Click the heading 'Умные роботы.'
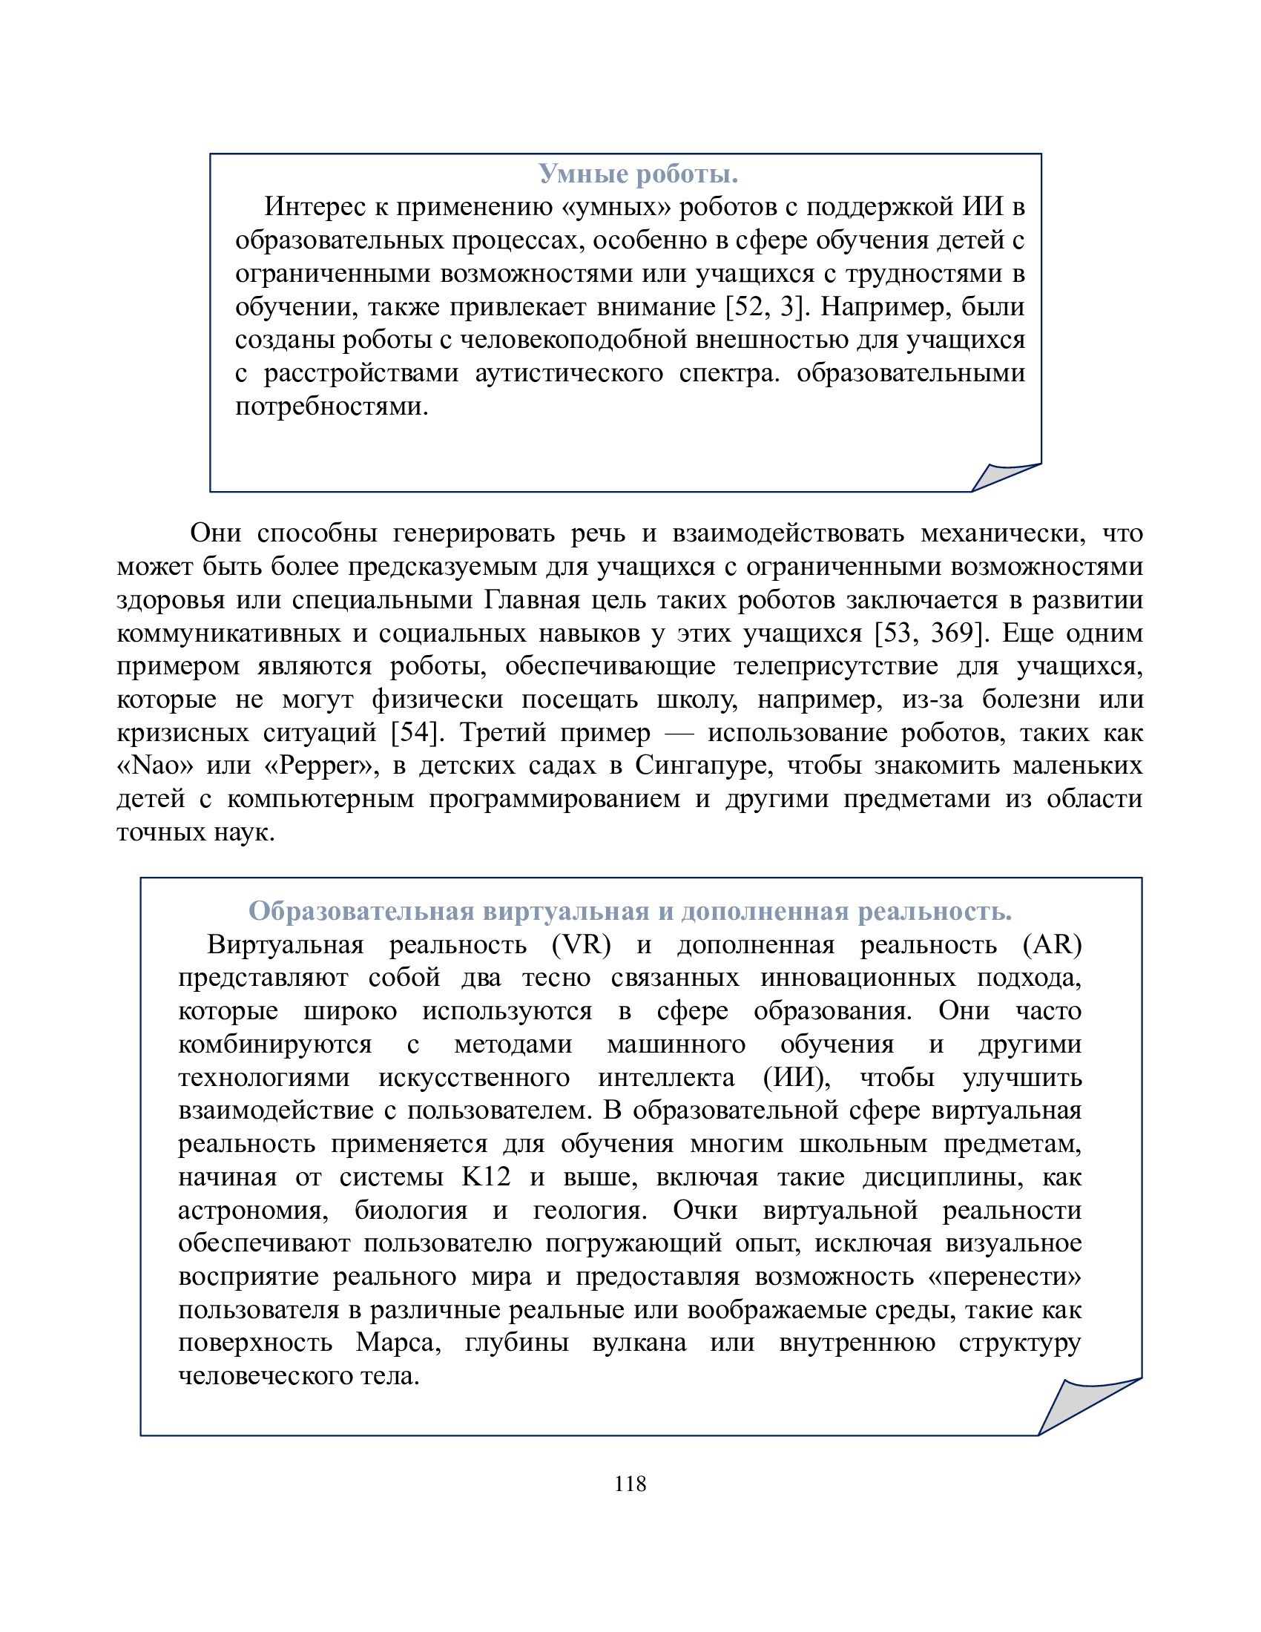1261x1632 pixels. (638, 174)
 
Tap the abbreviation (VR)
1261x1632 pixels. (582, 944)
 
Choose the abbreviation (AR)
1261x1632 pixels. (1052, 944)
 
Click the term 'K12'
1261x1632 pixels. (486, 1177)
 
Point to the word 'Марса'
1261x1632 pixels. (398, 1343)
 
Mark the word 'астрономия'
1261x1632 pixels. (253, 1210)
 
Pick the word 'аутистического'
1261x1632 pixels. (568, 373)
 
